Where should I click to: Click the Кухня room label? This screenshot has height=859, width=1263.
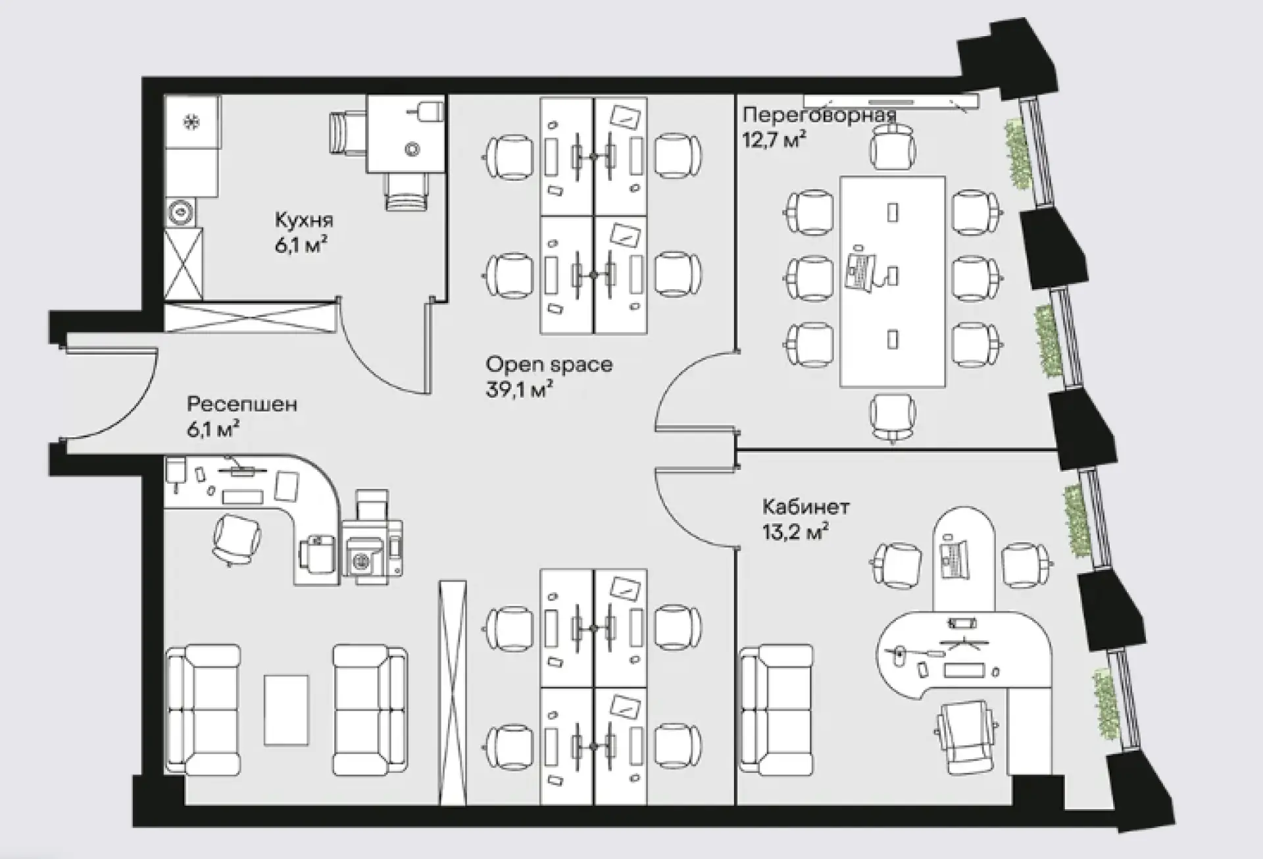pyautogui.click(x=304, y=220)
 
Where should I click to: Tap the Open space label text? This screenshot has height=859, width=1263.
pyautogui.click(x=549, y=365)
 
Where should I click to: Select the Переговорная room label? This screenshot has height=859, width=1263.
pyautogui.click(x=820, y=114)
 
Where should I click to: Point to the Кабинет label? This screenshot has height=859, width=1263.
pyautogui.click(x=806, y=507)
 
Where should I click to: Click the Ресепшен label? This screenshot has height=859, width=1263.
pyautogui.click(x=242, y=404)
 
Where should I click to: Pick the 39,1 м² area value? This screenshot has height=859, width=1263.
pyautogui.click(x=519, y=389)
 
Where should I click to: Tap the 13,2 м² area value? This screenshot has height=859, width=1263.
pyautogui.click(x=795, y=531)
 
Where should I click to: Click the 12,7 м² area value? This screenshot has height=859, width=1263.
pyautogui.click(x=774, y=139)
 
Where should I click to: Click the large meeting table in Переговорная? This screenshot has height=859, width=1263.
pyautogui.click(x=893, y=281)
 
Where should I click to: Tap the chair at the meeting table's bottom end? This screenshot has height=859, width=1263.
pyautogui.click(x=893, y=417)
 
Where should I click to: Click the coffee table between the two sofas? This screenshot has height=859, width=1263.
pyautogui.click(x=286, y=710)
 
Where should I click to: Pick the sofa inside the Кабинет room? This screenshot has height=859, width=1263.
pyautogui.click(x=776, y=708)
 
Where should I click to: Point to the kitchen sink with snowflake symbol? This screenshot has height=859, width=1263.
pyautogui.click(x=193, y=122)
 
